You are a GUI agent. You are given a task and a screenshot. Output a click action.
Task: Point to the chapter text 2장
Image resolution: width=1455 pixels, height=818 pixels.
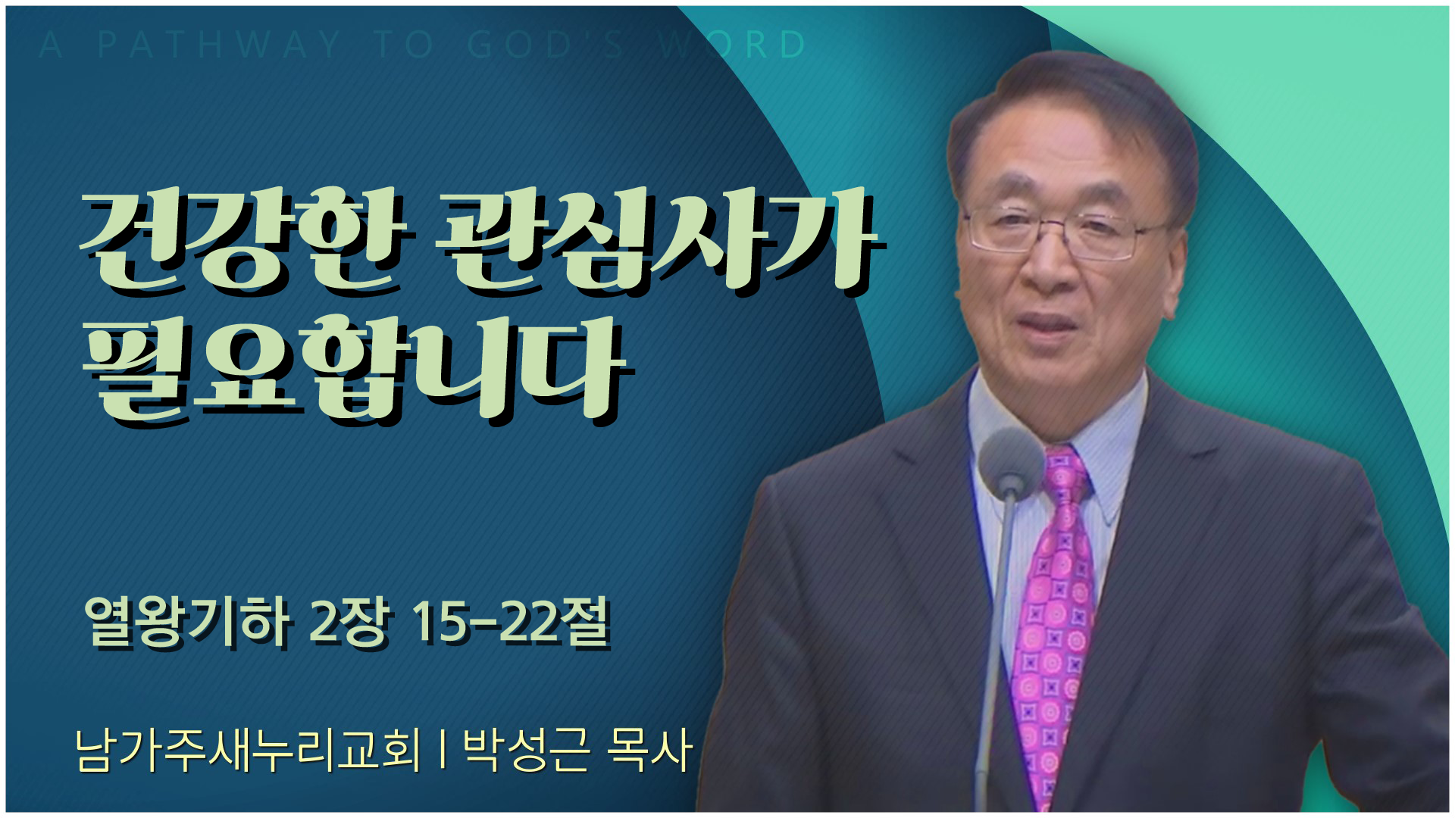point(349,623)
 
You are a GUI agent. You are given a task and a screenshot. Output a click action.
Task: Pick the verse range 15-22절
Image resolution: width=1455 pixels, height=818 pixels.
point(509,623)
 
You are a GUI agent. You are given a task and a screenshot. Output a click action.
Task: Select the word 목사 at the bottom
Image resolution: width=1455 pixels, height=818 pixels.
point(650,750)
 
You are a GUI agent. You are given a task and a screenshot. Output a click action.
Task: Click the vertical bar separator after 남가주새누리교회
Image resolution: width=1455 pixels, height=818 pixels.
point(442,750)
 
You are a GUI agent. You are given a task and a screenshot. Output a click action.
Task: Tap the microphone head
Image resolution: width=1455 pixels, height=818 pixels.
point(1011,459)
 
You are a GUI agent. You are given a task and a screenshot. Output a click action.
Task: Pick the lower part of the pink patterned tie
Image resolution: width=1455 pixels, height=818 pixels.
point(1049,682)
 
